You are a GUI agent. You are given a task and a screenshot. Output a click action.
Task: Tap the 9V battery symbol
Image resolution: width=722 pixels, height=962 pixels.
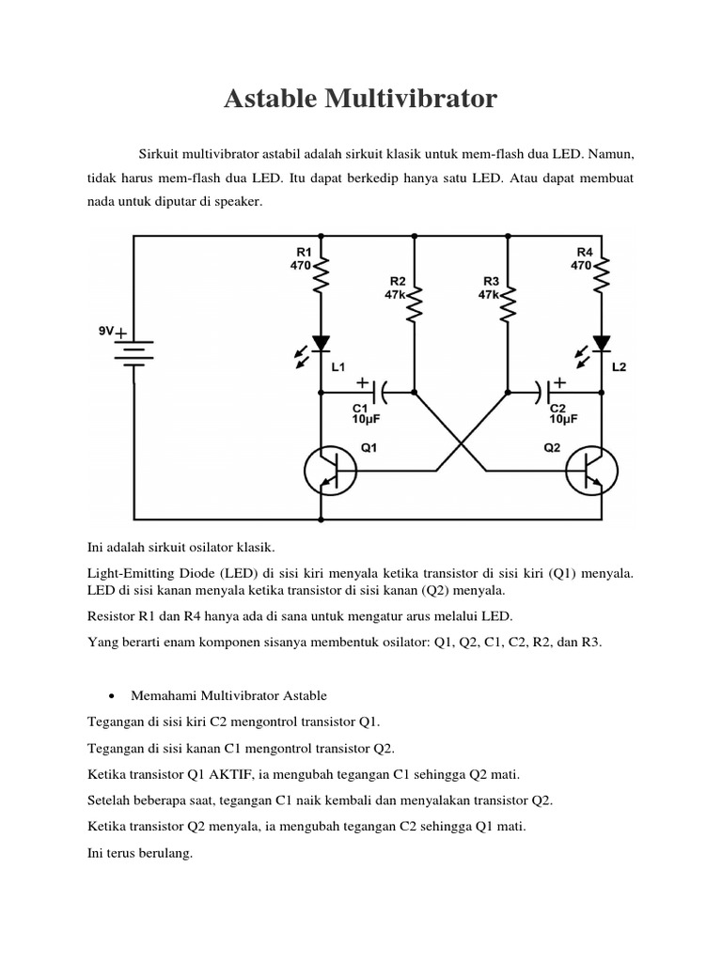[133, 349]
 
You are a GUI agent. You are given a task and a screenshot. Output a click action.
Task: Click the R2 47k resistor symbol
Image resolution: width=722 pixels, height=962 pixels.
[414, 303]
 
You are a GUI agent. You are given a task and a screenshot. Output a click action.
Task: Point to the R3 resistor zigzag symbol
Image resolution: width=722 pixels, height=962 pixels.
[509, 303]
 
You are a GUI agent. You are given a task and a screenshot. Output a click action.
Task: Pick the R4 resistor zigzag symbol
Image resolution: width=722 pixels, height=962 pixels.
[602, 276]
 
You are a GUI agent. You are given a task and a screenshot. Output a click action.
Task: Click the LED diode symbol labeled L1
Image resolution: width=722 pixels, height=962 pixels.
[321, 345]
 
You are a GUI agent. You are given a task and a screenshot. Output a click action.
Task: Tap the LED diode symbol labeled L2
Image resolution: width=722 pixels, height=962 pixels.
[602, 345]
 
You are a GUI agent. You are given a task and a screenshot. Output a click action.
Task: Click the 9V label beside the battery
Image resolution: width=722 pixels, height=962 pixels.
[105, 331]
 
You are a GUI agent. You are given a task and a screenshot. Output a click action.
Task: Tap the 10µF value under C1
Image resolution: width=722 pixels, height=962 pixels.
[367, 420]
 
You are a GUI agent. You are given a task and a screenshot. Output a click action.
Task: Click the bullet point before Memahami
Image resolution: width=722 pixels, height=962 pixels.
[112, 696]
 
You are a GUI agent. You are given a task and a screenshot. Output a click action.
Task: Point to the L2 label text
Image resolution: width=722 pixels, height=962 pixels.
[618, 368]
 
